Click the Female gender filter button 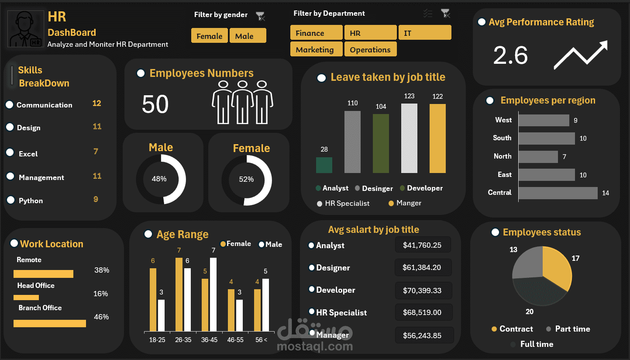(210, 36)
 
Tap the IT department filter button (424, 33)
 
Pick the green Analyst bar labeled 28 (324, 165)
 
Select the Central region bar (558, 193)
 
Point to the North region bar (538, 157)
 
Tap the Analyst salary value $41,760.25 (422, 245)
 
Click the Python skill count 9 (96, 200)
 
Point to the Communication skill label (45, 105)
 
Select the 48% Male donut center (159, 179)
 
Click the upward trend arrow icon (581, 55)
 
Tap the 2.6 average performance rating (510, 56)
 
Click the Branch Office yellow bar (50, 324)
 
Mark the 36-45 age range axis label (209, 339)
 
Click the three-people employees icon (242, 102)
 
